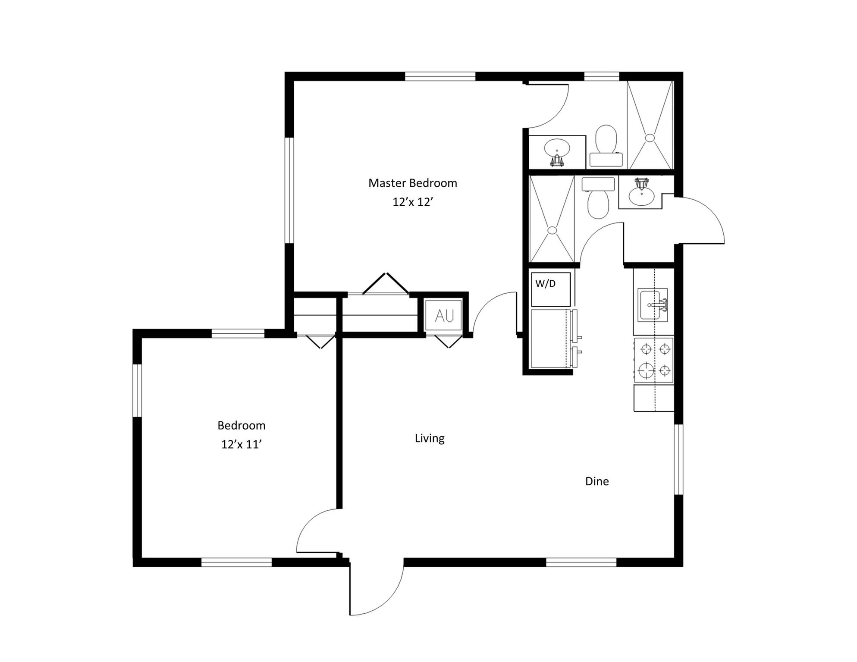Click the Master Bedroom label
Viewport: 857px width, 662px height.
click(x=412, y=183)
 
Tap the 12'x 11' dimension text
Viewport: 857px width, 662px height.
click(x=242, y=444)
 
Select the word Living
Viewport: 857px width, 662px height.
click(x=429, y=438)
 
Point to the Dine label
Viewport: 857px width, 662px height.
click(x=596, y=481)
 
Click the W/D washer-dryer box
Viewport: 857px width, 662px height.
click(x=550, y=289)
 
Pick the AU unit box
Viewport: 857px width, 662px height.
click(x=444, y=316)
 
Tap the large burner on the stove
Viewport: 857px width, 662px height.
click(x=646, y=370)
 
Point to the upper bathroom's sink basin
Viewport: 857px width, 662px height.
click(x=557, y=148)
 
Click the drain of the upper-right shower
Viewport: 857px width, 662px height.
click(x=650, y=138)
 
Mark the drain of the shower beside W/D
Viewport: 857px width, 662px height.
click(x=552, y=230)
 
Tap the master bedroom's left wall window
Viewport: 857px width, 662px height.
click(x=289, y=190)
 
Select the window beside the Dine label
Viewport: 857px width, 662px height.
click(x=678, y=459)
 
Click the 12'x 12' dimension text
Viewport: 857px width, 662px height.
click(x=412, y=202)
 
